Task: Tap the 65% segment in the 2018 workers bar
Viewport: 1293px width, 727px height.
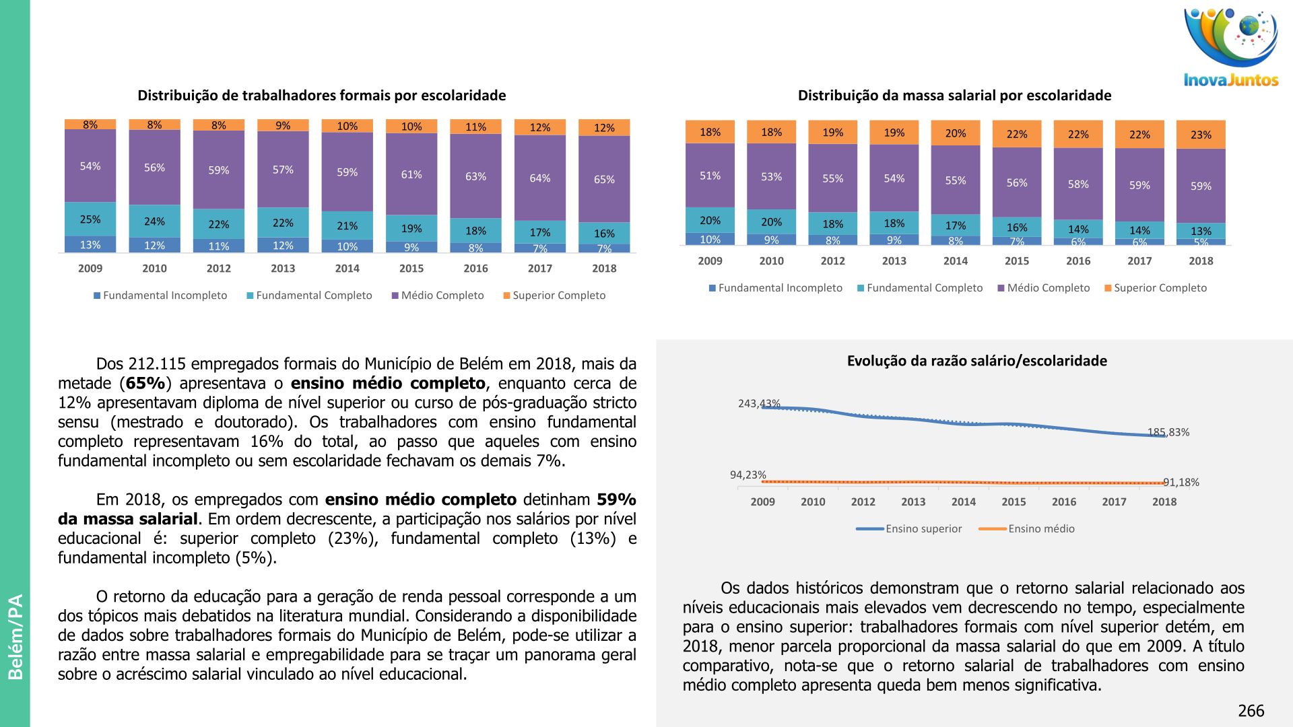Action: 604,179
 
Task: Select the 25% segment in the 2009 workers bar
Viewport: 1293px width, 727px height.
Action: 90,219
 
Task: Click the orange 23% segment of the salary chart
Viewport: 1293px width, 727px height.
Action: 1201,135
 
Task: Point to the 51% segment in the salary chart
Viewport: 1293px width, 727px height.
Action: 710,176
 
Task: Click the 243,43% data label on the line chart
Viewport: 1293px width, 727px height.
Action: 759,404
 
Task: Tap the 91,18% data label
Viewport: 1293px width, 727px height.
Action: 1181,483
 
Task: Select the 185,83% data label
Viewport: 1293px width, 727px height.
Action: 1168,432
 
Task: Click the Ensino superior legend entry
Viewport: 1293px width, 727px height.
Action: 923,529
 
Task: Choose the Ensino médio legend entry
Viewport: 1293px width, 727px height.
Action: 1041,529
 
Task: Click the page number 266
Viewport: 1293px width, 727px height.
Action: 1251,711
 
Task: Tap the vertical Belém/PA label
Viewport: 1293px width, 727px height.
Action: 15,637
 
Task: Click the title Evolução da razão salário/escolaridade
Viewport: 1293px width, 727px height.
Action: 976,361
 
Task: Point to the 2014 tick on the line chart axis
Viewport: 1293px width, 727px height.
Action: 963,502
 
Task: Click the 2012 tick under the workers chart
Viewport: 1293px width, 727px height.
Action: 218,269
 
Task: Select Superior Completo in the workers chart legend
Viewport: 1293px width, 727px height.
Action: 558,296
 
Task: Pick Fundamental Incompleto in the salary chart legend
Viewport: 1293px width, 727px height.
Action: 780,288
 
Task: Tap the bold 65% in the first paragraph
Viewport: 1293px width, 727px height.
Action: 145,384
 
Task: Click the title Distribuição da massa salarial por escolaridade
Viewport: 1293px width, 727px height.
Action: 954,96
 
